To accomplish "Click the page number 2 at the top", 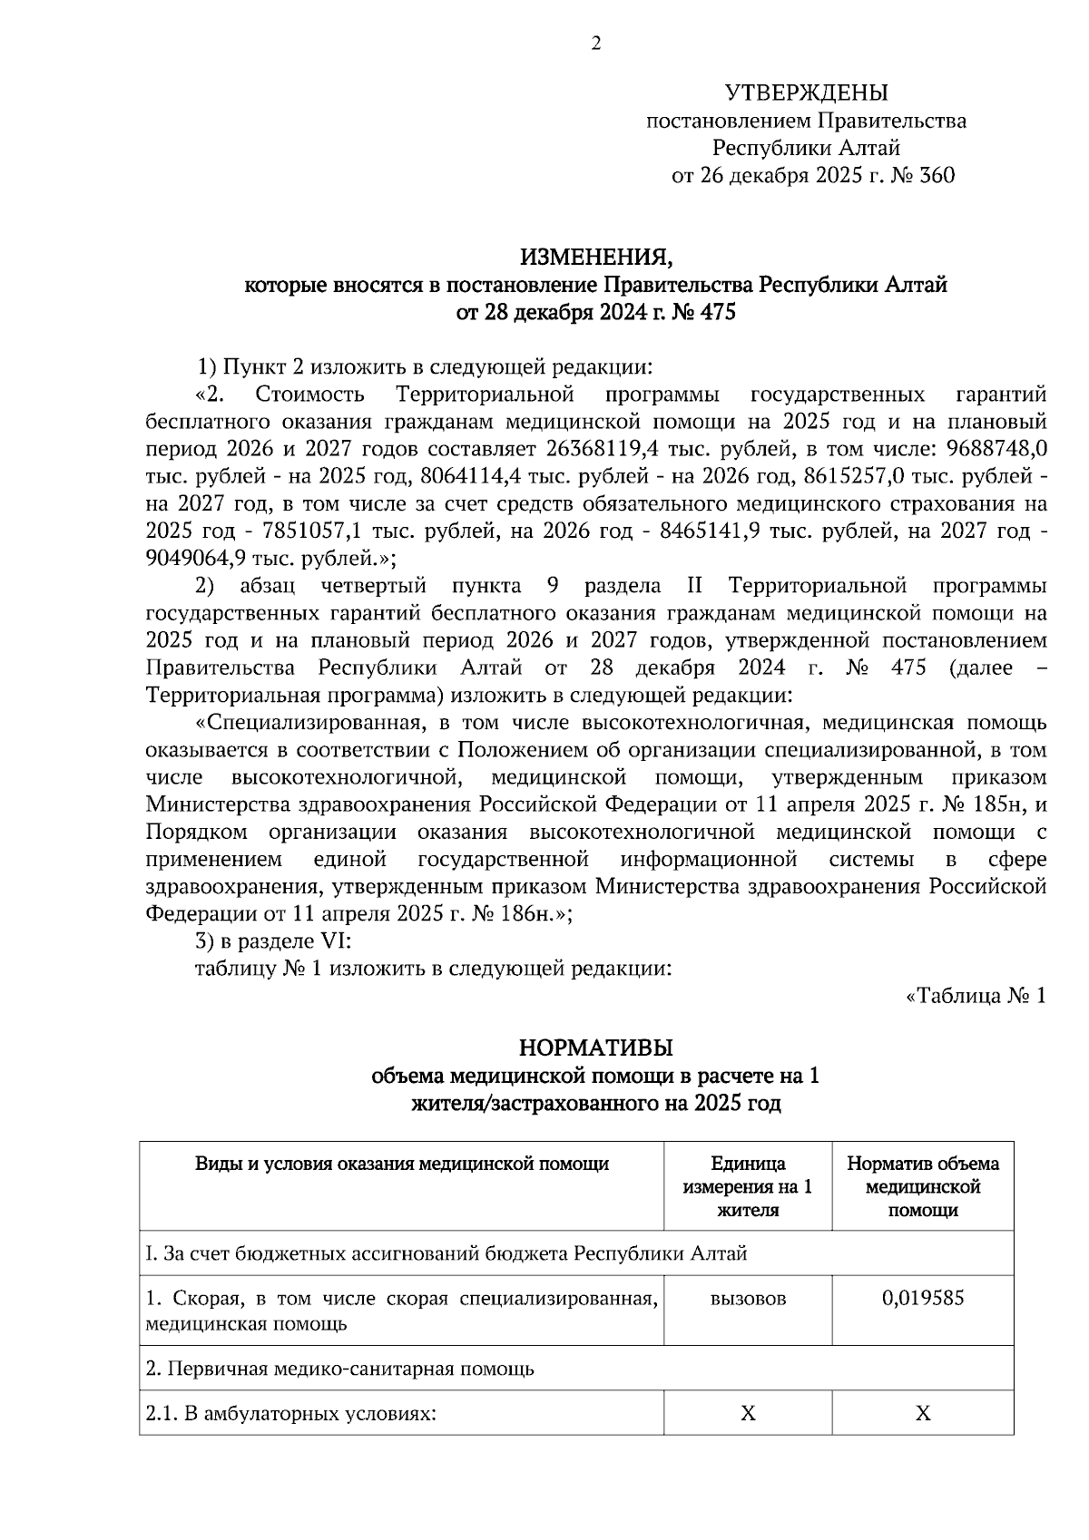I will pos(596,44).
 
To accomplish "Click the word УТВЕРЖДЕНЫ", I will pos(806,93).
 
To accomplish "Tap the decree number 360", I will pos(937,175).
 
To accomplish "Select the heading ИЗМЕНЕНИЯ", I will pos(596,258).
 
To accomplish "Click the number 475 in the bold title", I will pos(711,314).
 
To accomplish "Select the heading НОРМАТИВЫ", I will pos(596,1048).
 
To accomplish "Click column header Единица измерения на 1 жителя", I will pos(748,1186).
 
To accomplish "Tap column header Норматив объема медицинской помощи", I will pos(923,1186).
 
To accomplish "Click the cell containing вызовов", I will pos(748,1299).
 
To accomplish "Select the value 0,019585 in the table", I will pos(923,1298).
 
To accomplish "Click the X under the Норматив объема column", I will pos(923,1413).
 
